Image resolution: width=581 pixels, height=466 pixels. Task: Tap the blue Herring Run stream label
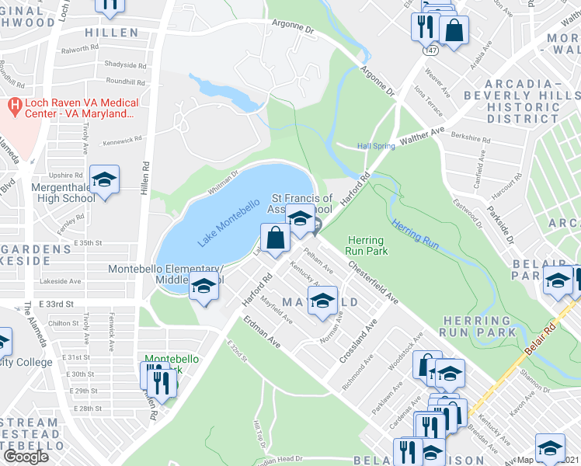416,235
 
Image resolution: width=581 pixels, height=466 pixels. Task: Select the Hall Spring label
376,146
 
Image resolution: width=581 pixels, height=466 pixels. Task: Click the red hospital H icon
14,103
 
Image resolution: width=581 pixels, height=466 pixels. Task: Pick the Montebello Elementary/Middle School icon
204,287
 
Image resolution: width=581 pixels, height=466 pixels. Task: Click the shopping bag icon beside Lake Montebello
275,238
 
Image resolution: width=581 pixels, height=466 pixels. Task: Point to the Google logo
26,456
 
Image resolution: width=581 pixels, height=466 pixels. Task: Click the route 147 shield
429,49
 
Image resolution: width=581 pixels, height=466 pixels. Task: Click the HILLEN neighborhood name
112,33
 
